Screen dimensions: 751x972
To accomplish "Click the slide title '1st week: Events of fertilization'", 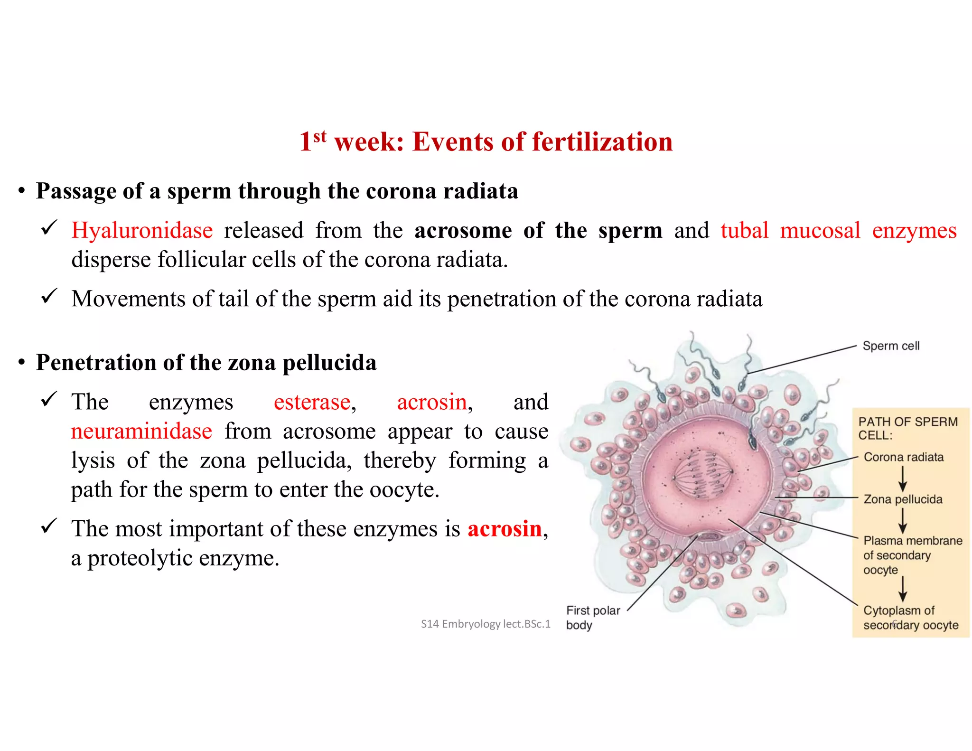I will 486,141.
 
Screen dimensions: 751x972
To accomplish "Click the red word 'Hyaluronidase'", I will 142,231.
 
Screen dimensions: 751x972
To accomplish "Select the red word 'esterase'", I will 312,402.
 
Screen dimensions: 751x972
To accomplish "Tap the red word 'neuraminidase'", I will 141,432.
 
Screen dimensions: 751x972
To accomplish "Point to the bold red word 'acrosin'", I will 505,529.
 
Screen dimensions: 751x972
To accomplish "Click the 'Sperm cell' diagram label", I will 891,346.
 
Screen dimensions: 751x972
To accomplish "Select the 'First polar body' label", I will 592,617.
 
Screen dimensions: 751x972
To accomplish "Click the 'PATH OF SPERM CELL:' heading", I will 907,428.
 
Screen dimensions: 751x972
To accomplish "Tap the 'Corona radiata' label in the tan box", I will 903,457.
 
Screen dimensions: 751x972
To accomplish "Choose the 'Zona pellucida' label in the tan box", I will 903,499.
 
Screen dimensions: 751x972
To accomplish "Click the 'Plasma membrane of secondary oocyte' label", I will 912,555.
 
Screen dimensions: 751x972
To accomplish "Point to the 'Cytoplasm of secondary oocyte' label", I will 910,617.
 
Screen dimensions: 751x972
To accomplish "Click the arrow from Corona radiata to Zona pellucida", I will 903,479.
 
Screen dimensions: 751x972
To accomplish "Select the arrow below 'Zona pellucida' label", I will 903,520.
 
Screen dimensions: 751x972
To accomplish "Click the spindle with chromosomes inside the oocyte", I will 702,473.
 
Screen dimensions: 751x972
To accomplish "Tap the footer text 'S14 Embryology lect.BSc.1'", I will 486,624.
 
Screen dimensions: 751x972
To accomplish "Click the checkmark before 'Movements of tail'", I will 49,296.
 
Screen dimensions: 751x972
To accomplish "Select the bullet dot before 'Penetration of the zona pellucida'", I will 21,363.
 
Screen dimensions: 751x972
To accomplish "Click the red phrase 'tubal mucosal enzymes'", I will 838,231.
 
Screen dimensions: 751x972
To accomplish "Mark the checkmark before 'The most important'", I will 49,526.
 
